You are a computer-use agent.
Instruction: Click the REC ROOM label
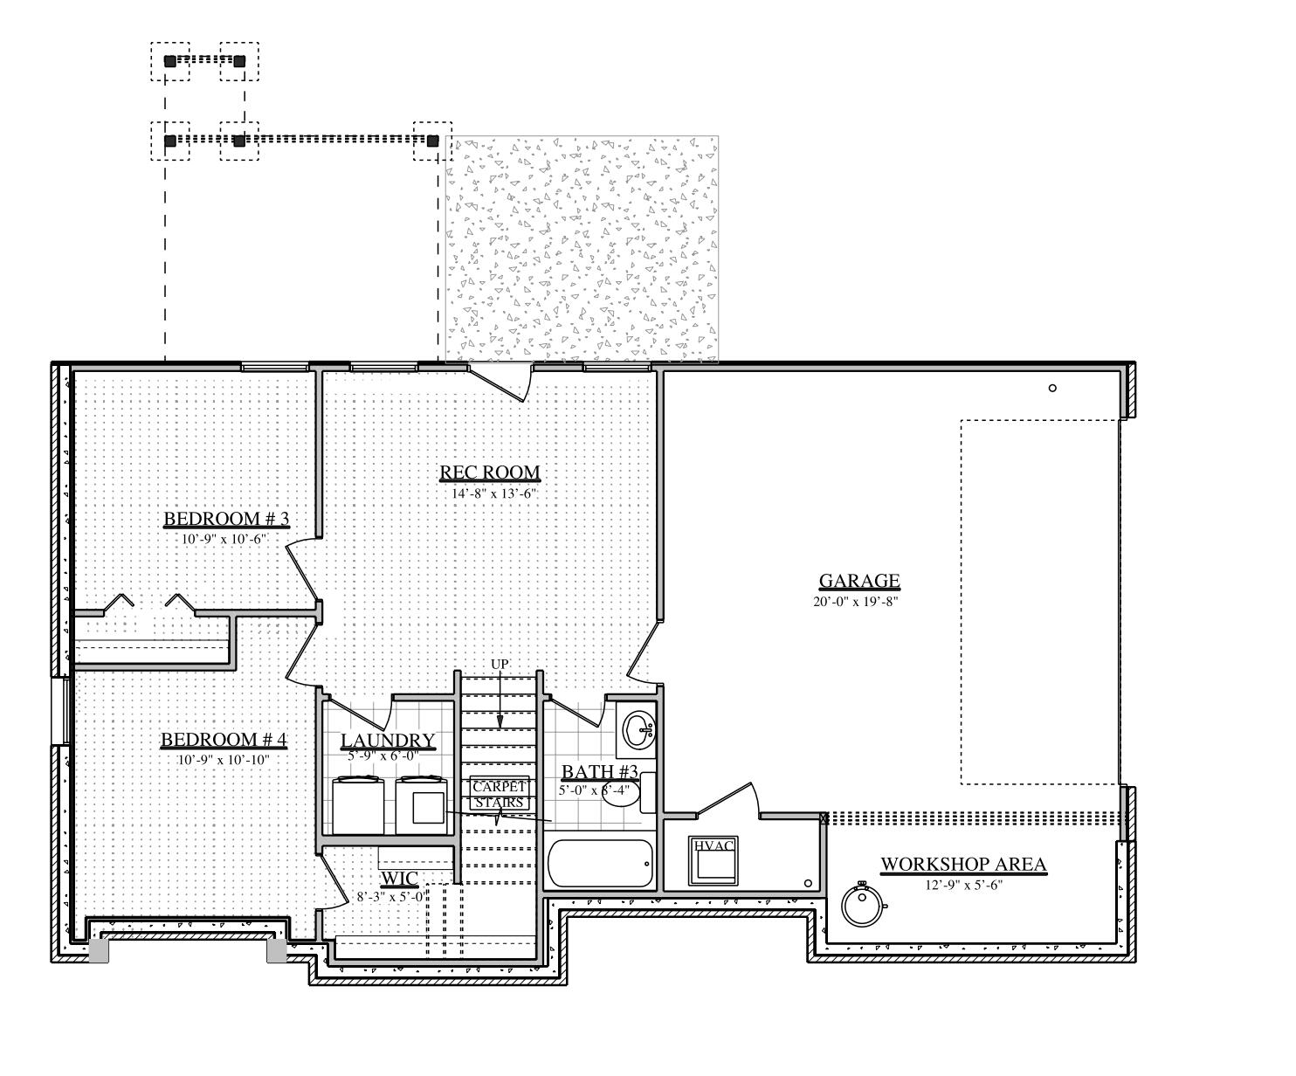489,472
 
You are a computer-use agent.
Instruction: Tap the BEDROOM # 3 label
226,519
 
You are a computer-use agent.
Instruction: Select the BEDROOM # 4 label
224,741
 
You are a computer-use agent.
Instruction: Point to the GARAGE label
858,581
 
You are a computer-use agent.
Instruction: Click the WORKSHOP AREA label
962,865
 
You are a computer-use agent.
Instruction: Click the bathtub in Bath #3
600,864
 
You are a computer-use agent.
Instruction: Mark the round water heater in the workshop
863,905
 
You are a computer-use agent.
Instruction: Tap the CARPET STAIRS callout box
499,794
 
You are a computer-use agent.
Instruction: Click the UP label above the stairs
500,665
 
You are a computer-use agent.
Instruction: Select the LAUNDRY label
387,741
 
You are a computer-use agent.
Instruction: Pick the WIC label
399,878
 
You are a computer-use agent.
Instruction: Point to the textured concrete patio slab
582,249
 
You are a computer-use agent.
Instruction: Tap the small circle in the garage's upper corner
1052,388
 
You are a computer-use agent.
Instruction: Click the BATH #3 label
599,772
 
